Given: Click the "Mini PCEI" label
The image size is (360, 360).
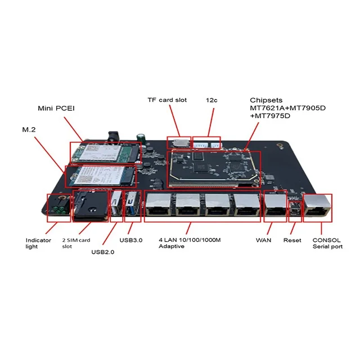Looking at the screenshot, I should pos(57,107).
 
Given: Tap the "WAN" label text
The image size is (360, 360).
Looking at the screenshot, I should pos(264,240).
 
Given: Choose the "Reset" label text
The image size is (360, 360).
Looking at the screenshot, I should pos(292,240).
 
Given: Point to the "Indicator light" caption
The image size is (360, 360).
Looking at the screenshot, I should pos(38,244).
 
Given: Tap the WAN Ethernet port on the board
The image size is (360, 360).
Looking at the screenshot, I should pos(275,208).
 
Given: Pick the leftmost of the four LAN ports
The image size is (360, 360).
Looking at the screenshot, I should pos(160,208).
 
